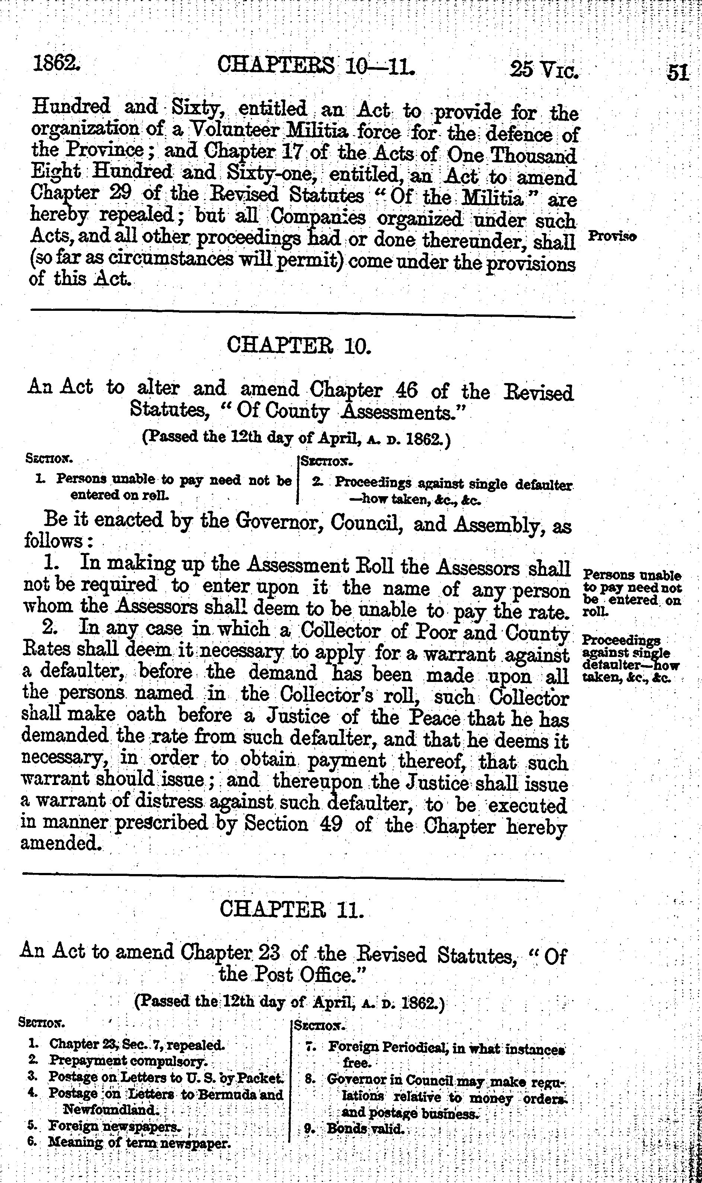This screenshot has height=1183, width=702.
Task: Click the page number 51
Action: point(678,73)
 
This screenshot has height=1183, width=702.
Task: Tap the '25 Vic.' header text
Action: point(544,70)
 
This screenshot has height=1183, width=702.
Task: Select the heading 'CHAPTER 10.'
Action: point(299,345)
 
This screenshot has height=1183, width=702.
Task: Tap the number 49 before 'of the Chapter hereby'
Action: point(330,825)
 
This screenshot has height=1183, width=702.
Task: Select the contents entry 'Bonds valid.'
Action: point(366,1129)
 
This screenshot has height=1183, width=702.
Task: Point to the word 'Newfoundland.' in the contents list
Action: point(112,1110)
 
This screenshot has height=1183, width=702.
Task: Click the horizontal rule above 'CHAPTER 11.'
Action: point(293,880)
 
